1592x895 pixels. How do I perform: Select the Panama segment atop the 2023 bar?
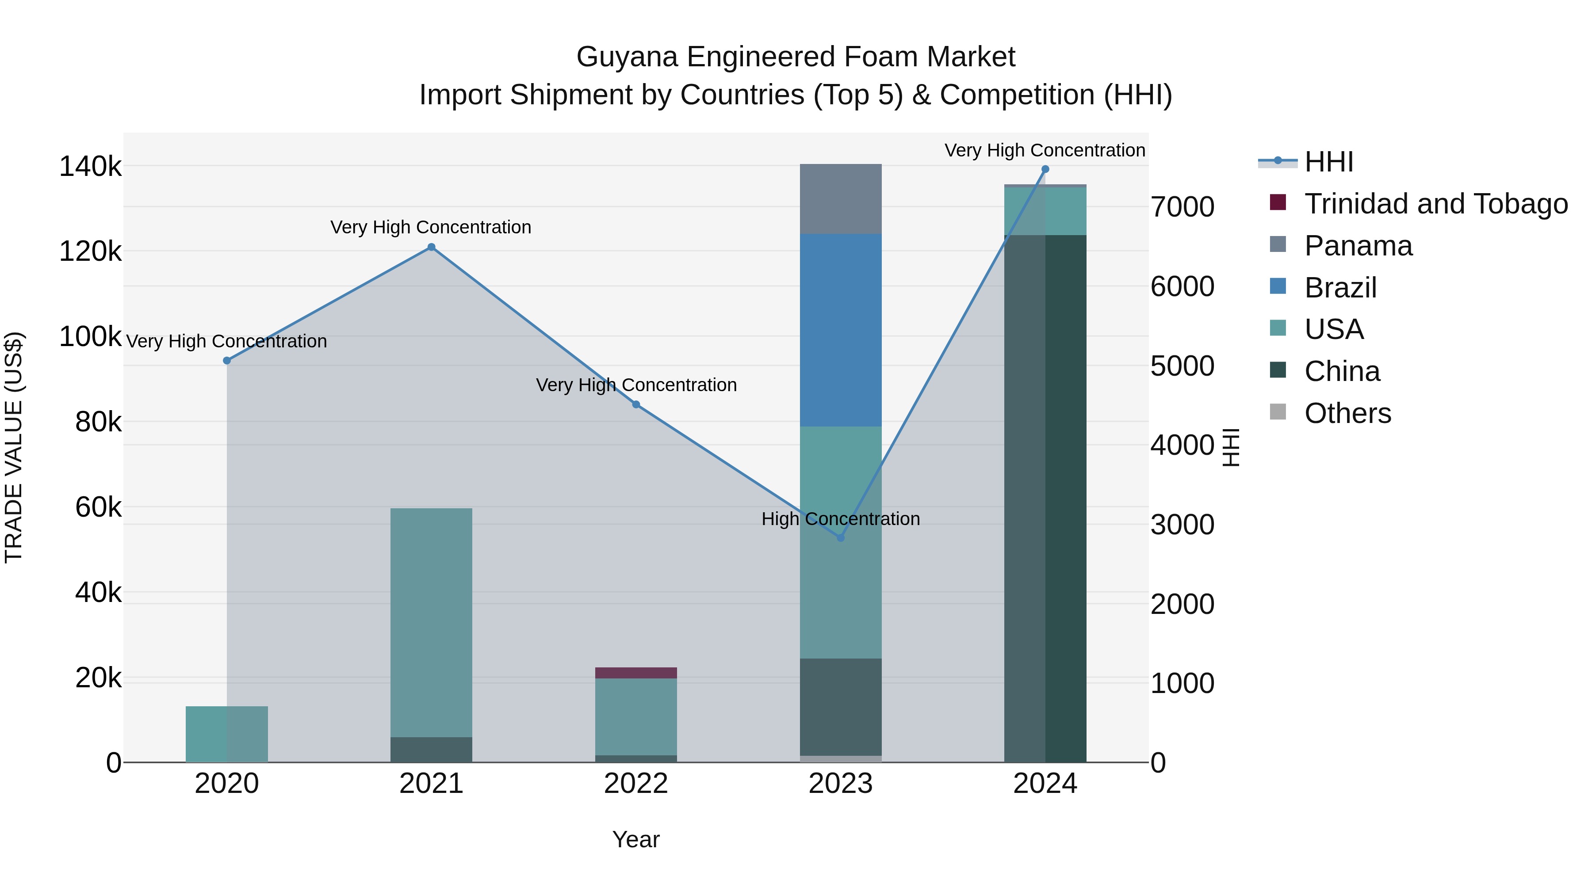click(841, 199)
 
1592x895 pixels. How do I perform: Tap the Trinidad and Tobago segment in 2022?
click(636, 673)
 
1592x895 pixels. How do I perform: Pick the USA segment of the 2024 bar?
click(1045, 211)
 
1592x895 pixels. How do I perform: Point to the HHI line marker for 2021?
click(431, 247)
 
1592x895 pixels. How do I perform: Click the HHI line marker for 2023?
click(841, 538)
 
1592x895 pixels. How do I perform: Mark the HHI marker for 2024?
click(1045, 169)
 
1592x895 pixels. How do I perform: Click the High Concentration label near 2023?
click(841, 519)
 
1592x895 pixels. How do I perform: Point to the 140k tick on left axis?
click(90, 167)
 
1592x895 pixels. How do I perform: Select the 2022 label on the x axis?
click(636, 784)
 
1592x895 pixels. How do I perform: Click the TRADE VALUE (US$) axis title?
click(14, 447)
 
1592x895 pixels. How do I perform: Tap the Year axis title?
click(636, 839)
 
